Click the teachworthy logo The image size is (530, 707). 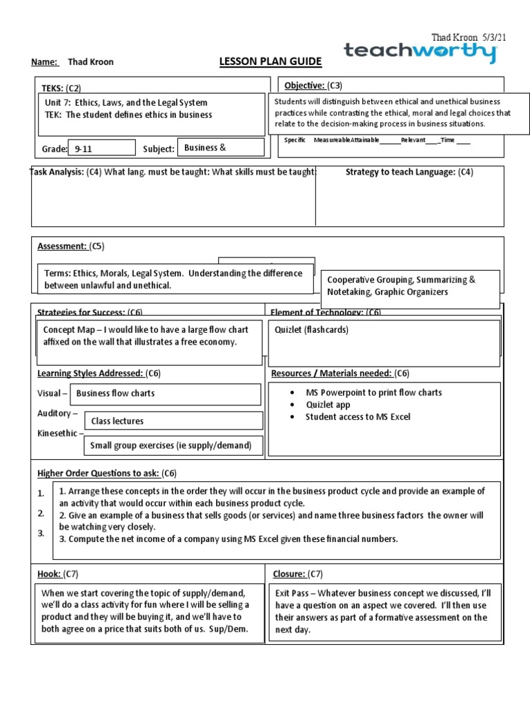(420, 52)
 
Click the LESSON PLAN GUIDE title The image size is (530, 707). (270, 62)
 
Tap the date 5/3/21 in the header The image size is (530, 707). (493, 37)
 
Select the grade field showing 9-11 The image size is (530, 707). (101, 148)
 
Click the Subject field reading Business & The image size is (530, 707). (221, 147)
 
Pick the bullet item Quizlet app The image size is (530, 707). (328, 405)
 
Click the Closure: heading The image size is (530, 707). (289, 574)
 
